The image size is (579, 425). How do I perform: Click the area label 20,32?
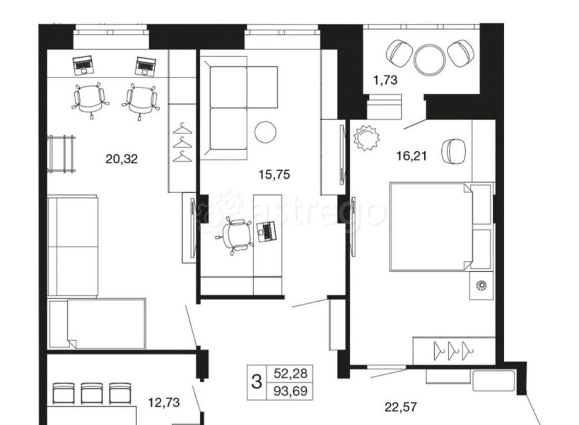122,158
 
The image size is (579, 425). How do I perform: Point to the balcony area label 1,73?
385,80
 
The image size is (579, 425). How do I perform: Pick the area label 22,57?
401,407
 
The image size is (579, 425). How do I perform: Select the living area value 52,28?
289,374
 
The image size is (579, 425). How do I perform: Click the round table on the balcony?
430,59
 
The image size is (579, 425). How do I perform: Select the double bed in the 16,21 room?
431,226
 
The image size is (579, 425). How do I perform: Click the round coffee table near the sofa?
266,132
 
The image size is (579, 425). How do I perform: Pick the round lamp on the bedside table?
480,285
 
